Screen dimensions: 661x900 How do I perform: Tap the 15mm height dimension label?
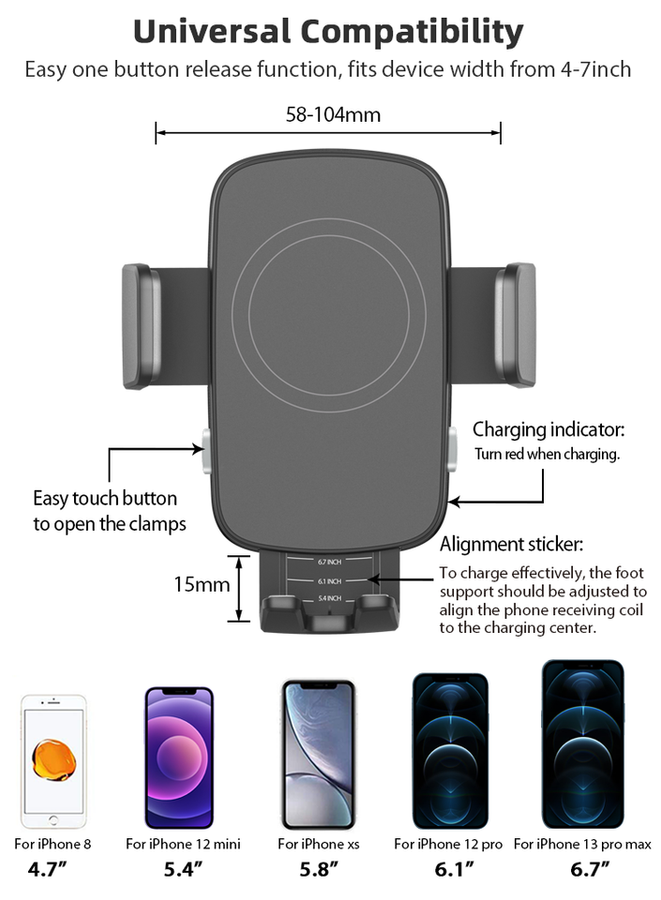202,584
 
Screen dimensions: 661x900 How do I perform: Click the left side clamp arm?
142,325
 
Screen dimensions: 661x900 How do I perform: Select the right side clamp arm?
516,325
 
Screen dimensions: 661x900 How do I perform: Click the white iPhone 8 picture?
54,760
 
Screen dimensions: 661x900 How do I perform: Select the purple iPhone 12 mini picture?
178,757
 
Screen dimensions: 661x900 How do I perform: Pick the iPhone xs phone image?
319,754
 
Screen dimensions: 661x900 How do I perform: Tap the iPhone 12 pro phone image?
450,750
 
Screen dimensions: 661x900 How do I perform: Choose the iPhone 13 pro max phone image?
582,744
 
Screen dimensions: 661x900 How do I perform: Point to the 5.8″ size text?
319,869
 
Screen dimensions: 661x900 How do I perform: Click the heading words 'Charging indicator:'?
548,430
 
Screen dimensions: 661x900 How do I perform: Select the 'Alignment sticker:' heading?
512,544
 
